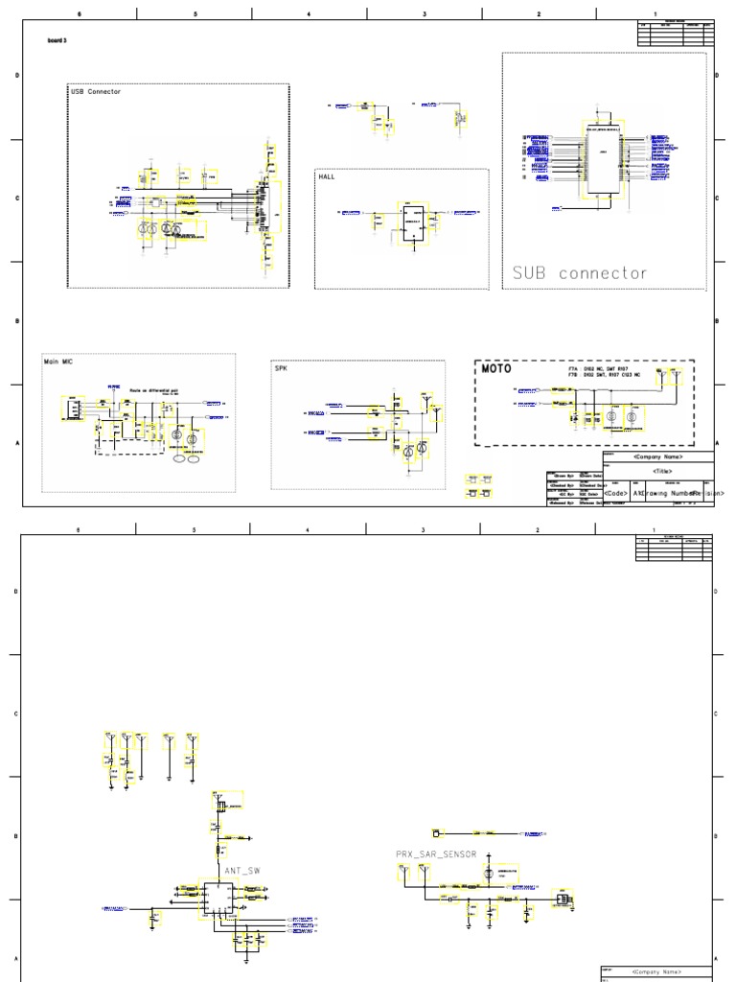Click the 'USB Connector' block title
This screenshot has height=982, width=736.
click(96, 91)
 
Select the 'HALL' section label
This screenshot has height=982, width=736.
click(328, 176)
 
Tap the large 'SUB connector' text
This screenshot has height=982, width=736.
click(580, 273)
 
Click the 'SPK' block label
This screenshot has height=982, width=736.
click(281, 367)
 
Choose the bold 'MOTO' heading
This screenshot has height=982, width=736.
click(496, 369)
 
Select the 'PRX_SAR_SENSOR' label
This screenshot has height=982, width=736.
click(435, 853)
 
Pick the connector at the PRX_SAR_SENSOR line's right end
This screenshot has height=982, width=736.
click(563, 900)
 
